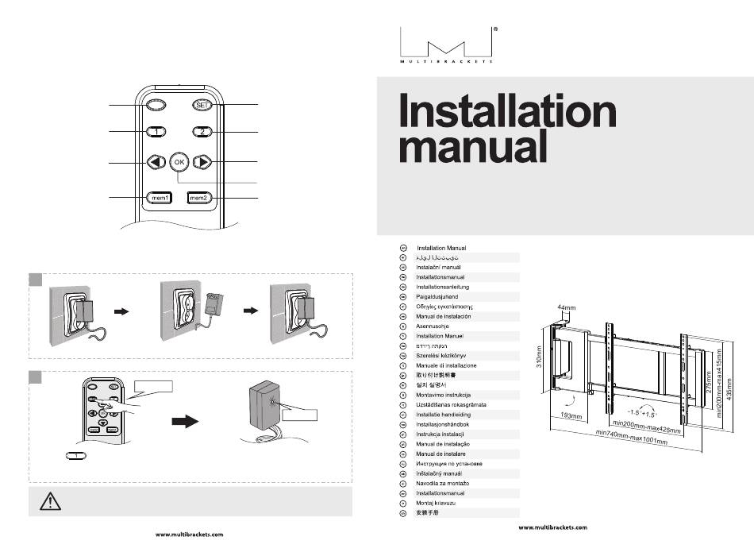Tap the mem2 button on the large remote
pyautogui.click(x=200, y=197)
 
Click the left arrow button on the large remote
pyautogui.click(x=156, y=163)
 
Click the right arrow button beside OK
pyautogui.click(x=203, y=163)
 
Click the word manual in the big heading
pyautogui.click(x=472, y=148)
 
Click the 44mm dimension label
pyautogui.click(x=567, y=307)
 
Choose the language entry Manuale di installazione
pyautogui.click(x=446, y=365)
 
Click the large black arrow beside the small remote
pyautogui.click(x=185, y=423)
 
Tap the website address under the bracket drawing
pyautogui.click(x=552, y=527)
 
